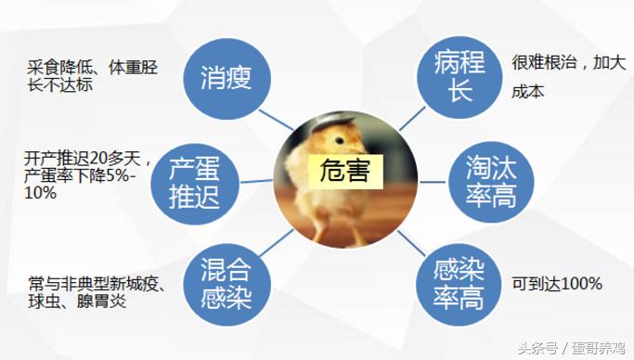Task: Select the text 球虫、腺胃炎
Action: tap(77, 302)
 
